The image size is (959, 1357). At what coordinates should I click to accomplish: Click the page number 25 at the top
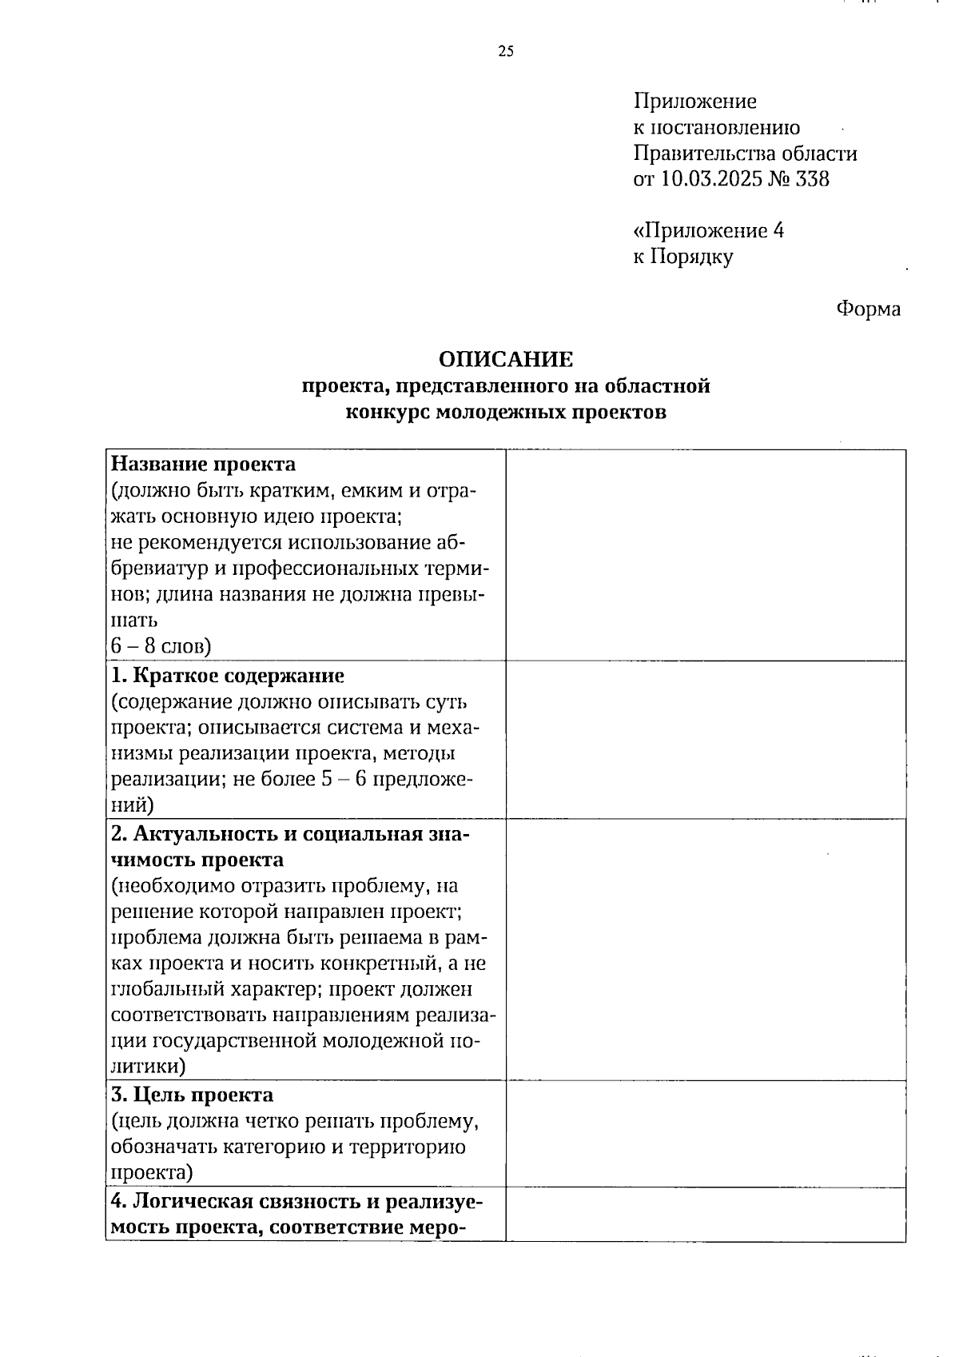[x=505, y=53]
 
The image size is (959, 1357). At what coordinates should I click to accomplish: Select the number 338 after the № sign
[x=813, y=179]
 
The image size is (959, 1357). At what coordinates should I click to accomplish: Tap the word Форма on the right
[x=868, y=309]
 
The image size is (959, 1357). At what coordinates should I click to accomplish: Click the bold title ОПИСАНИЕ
[x=505, y=359]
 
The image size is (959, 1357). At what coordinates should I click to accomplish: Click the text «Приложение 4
[x=708, y=231]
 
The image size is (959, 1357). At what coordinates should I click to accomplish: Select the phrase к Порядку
[x=682, y=257]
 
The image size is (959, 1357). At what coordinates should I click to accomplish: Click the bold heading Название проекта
[x=203, y=465]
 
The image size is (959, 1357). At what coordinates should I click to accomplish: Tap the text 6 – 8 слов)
[x=161, y=645]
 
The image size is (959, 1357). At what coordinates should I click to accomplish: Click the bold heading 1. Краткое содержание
[x=228, y=676]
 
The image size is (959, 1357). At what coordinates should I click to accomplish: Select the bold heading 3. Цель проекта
[x=192, y=1095]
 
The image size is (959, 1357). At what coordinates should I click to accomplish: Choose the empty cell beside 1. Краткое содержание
[x=705, y=739]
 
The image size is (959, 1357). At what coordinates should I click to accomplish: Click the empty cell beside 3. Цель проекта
[x=705, y=1133]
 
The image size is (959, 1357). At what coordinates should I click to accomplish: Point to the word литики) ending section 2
[x=148, y=1067]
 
